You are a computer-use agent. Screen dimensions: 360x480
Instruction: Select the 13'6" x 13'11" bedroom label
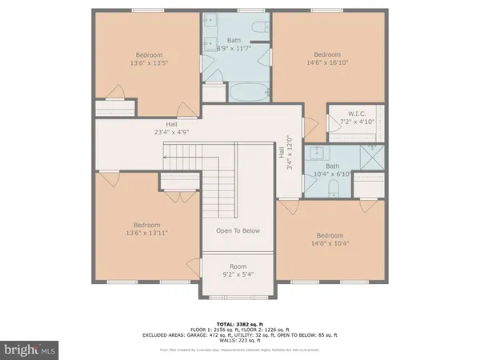[147, 230]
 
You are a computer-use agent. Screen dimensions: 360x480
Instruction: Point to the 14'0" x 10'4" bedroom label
[329, 240]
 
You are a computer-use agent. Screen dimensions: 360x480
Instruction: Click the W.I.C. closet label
[356, 117]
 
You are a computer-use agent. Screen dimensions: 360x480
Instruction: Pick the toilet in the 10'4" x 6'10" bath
[336, 186]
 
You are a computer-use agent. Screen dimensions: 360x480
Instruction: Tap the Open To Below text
[238, 230]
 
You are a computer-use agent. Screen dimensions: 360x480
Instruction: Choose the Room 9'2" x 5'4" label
[238, 270]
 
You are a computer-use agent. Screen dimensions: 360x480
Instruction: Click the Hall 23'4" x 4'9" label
[171, 129]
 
